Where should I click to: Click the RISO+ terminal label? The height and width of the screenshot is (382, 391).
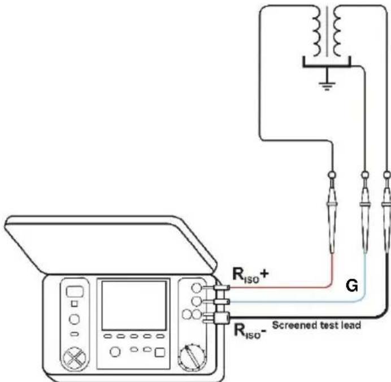(251, 275)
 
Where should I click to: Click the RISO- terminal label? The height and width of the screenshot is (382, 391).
(250, 331)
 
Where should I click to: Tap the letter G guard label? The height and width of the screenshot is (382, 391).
(352, 286)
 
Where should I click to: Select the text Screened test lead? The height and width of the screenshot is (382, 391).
(316, 325)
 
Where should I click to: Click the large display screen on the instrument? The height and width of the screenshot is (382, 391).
(134, 306)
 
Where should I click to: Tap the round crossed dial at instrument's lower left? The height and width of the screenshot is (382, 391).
(75, 359)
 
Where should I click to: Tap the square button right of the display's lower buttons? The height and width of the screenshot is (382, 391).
(159, 352)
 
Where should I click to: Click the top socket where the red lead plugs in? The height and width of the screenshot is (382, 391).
(197, 288)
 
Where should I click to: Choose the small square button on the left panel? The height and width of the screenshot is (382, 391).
(75, 303)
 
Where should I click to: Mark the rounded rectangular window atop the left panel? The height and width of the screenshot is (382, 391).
(75, 291)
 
